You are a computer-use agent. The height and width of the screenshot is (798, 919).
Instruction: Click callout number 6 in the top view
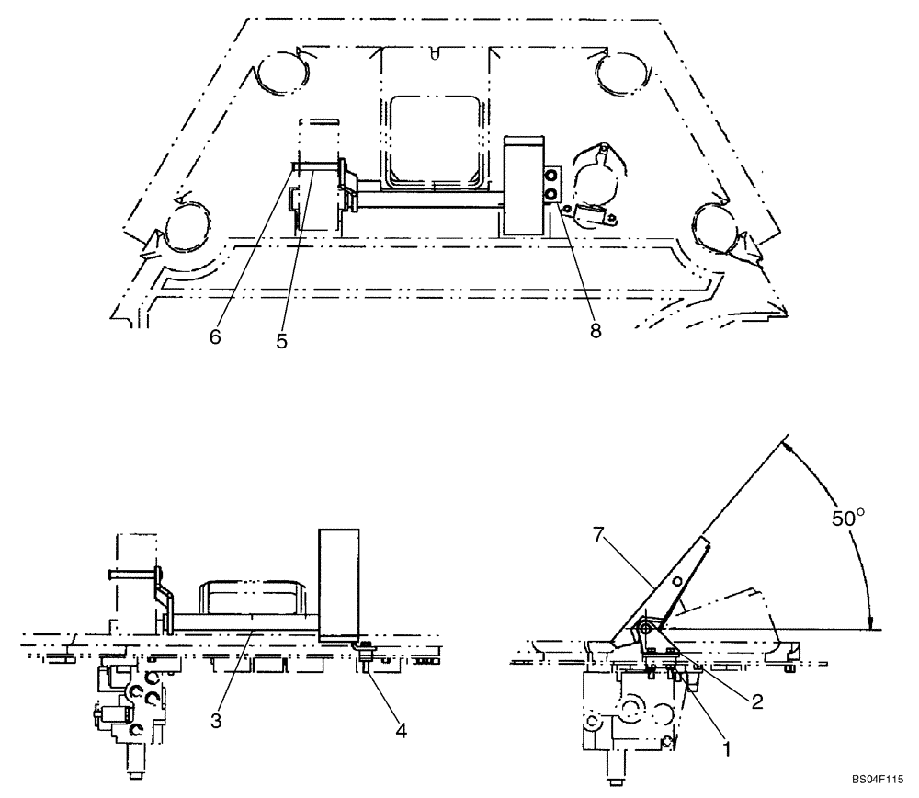pos(215,336)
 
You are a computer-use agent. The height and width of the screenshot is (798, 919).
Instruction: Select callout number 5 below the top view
pos(281,340)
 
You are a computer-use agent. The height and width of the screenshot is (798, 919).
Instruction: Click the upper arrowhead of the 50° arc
pos(789,445)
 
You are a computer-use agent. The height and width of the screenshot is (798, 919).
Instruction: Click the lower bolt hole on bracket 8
pos(551,194)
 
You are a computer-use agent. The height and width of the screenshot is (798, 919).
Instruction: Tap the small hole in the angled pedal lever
pos(675,582)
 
